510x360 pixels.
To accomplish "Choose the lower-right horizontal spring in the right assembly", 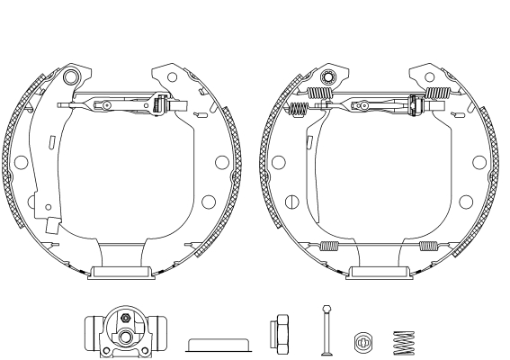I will pos(427,246).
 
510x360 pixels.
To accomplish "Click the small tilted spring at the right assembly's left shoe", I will pos(298,109).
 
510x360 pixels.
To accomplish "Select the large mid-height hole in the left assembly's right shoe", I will pos(221,162).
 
